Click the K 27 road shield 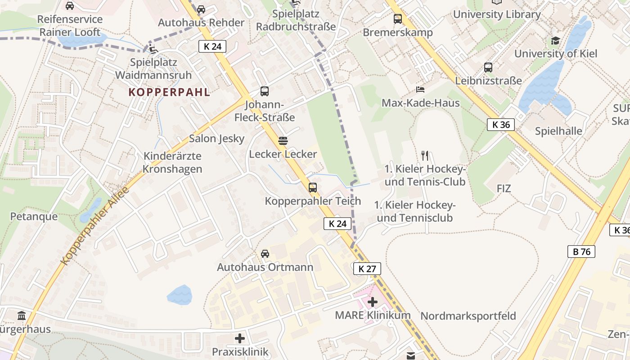click(x=367, y=269)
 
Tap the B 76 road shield click(x=581, y=252)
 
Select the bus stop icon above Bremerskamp click(x=398, y=19)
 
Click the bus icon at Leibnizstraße click(x=488, y=67)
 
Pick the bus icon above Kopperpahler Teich click(x=313, y=187)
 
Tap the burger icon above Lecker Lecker click(x=283, y=141)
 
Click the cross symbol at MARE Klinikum click(x=373, y=302)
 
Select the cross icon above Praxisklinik click(x=240, y=338)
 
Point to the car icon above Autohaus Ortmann click(x=265, y=254)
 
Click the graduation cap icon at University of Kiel click(x=555, y=41)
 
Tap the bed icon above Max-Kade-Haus click(x=420, y=90)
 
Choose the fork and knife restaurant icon click(x=425, y=156)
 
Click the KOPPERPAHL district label click(x=169, y=92)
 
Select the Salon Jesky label click(x=216, y=138)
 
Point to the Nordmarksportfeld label click(x=468, y=316)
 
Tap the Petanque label click(x=34, y=216)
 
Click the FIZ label click(x=504, y=189)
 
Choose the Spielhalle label click(x=558, y=131)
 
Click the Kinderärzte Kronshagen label click(x=173, y=162)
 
